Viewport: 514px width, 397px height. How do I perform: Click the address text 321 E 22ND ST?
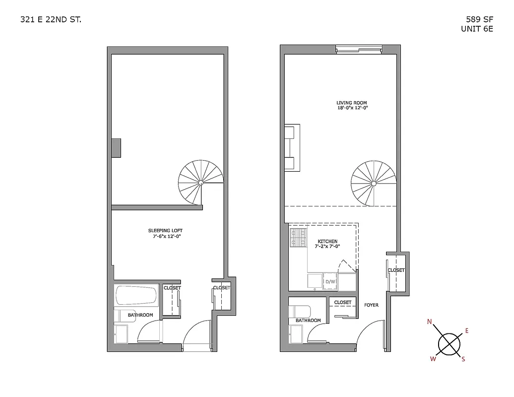(x=51, y=20)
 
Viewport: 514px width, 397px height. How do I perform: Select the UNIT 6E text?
(x=477, y=29)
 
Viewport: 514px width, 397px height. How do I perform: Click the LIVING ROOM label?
(x=352, y=103)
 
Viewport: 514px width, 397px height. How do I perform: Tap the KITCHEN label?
(x=327, y=242)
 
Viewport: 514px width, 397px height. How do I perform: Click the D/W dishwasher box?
(x=330, y=282)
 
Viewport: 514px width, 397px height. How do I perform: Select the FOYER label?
(x=371, y=305)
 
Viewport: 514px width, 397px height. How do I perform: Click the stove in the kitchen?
(x=298, y=238)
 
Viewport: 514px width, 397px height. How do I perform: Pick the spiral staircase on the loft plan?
(x=200, y=182)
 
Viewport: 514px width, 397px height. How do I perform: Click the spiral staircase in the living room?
(x=373, y=183)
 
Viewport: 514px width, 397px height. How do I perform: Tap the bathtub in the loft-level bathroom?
(x=136, y=297)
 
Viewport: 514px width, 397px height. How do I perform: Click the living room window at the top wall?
(x=359, y=49)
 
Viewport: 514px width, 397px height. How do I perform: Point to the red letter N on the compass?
(x=429, y=322)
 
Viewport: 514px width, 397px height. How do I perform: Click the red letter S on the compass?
(x=463, y=359)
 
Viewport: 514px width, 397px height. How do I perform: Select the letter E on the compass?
(x=466, y=331)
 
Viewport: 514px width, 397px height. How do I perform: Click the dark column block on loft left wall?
(x=116, y=148)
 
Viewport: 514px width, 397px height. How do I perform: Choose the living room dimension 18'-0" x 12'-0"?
(x=352, y=108)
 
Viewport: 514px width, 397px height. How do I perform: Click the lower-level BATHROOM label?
(x=308, y=321)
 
